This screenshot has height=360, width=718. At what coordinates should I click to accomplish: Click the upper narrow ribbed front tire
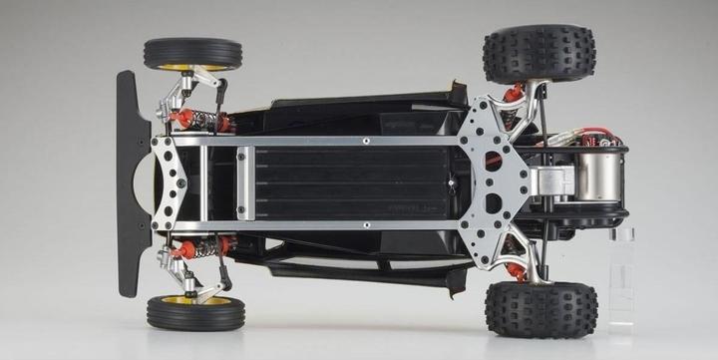[192, 52]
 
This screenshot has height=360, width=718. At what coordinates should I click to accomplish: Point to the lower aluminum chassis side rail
[329, 226]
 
